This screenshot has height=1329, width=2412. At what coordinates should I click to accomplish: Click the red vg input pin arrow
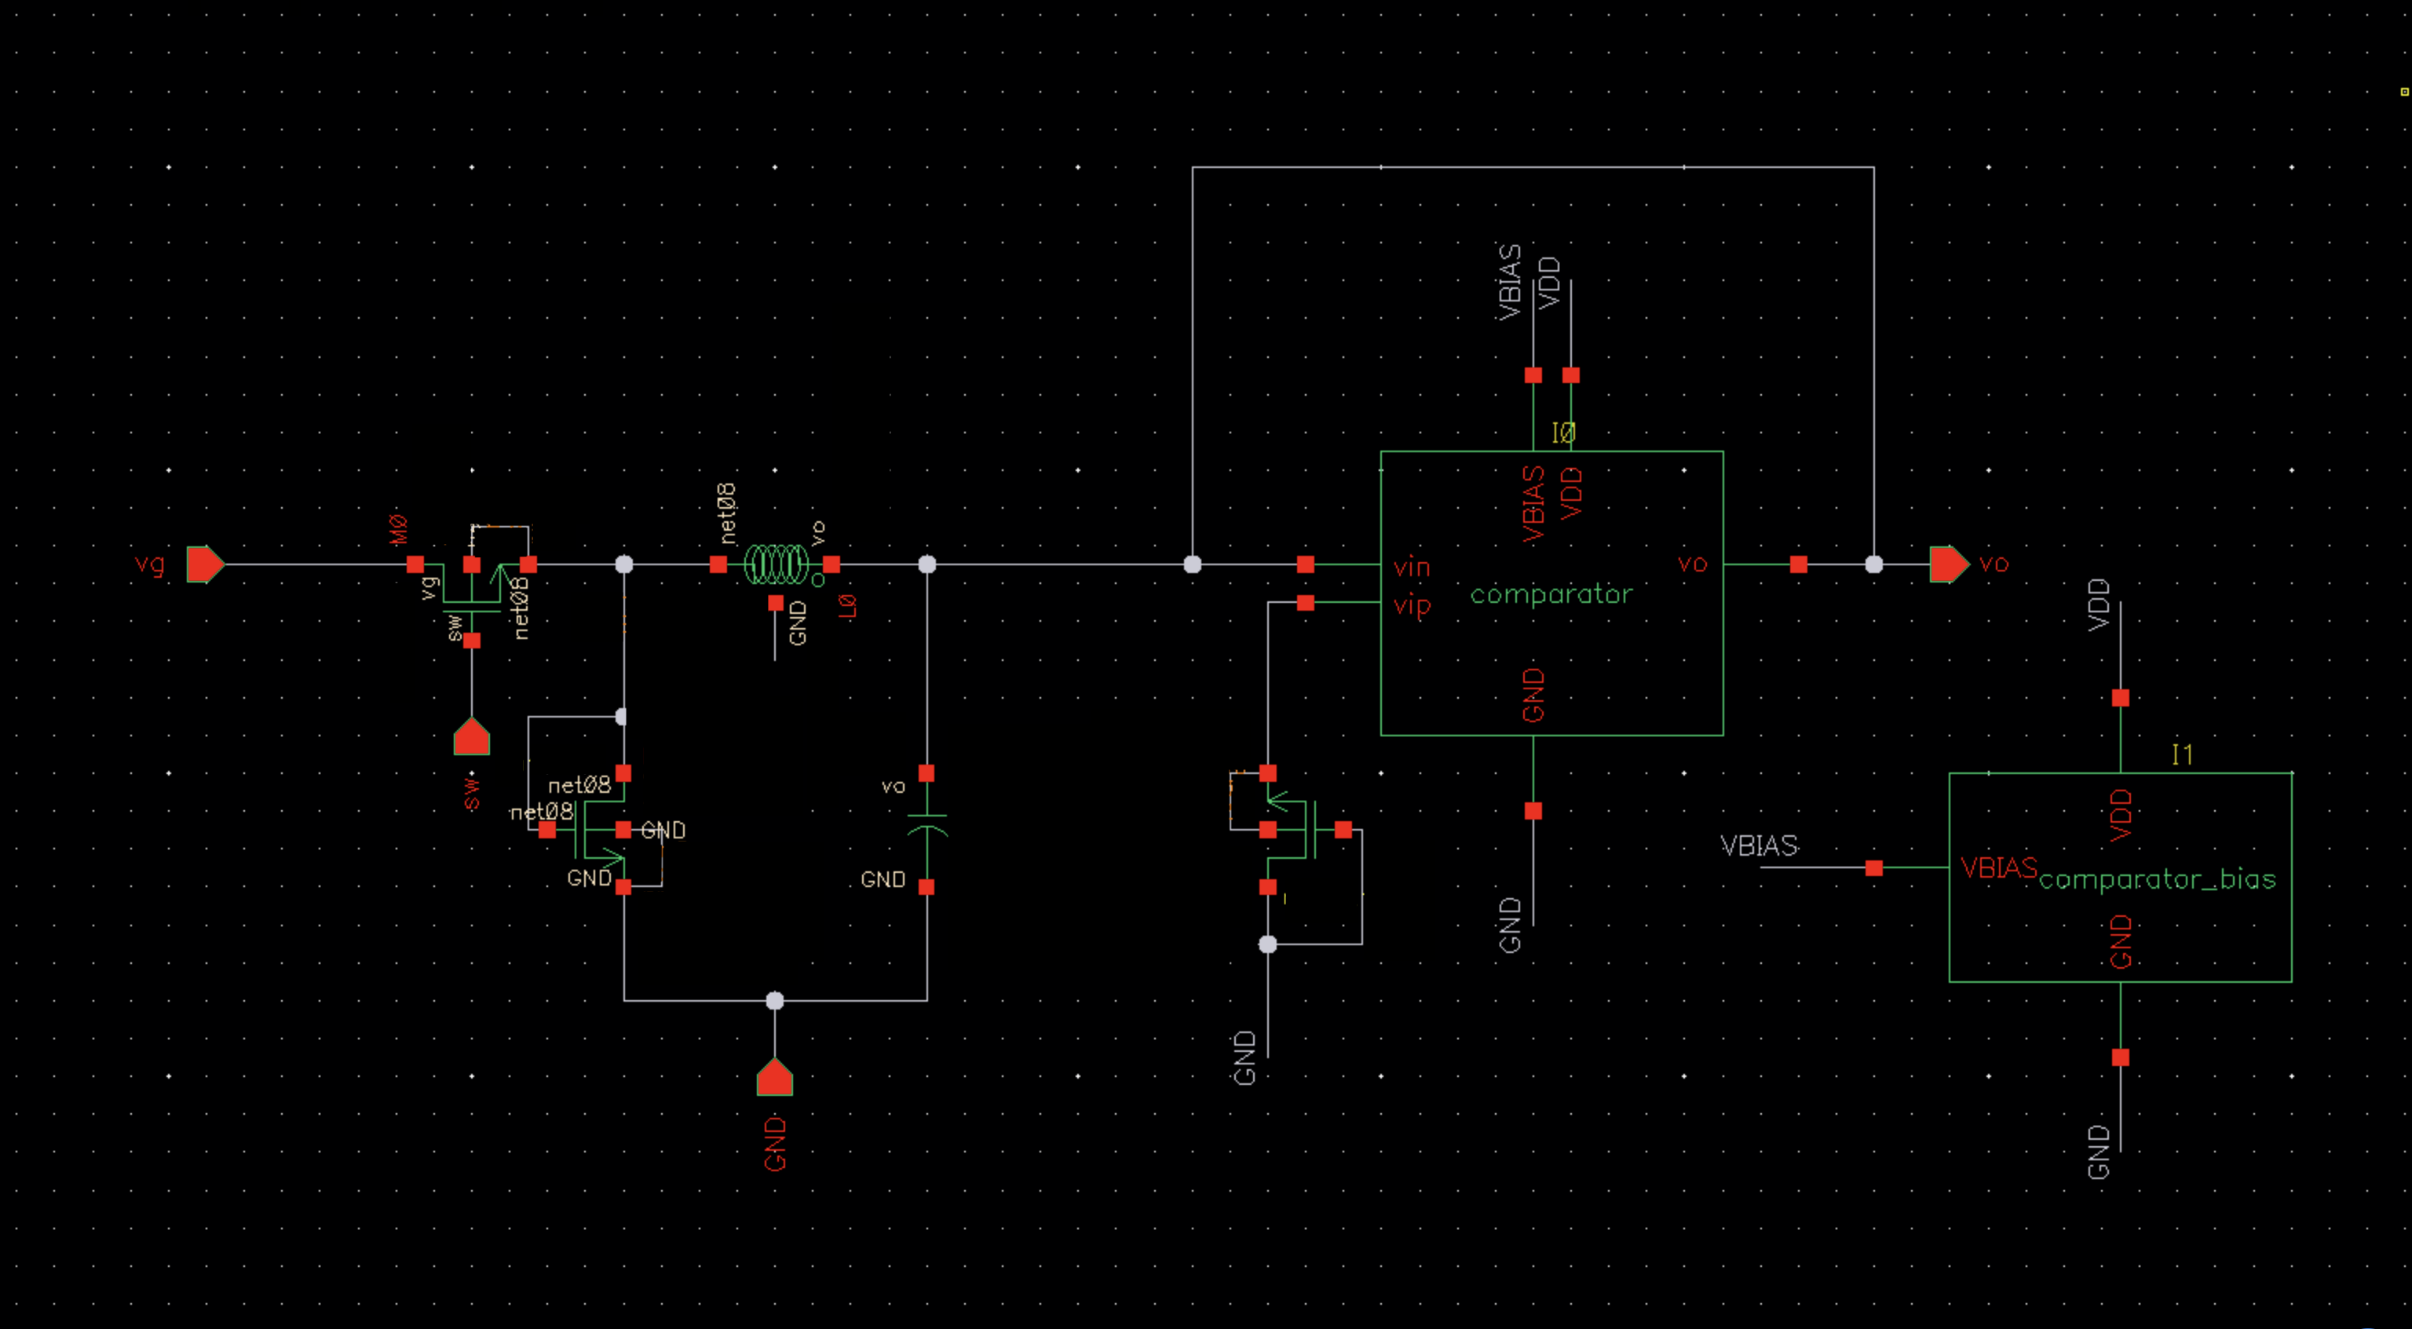(204, 564)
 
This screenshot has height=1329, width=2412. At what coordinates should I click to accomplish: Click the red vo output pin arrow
(1949, 564)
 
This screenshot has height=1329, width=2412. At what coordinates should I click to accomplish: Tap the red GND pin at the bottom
(774, 1078)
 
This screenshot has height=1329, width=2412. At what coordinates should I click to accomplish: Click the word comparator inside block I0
(1551, 594)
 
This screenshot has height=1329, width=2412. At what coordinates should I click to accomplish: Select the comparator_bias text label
(2156, 880)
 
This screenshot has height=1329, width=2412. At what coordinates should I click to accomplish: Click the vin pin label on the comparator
(1411, 568)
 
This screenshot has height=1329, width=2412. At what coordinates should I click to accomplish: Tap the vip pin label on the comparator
(1412, 607)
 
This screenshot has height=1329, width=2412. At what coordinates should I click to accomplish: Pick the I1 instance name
(2183, 754)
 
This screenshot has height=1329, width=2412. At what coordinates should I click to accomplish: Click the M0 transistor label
(399, 529)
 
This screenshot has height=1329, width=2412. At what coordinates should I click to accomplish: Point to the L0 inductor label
(847, 607)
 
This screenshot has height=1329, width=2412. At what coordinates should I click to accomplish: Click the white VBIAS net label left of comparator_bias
(1760, 846)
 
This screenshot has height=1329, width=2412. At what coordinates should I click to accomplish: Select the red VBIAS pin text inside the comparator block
(1533, 505)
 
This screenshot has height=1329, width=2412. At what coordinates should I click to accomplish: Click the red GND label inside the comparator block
(1533, 695)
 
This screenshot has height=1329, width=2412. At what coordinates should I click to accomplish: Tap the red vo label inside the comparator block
(1692, 564)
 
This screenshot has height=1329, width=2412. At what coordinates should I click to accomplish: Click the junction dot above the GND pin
(774, 1001)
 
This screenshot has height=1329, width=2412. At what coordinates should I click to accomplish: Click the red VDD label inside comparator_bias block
(2121, 815)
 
